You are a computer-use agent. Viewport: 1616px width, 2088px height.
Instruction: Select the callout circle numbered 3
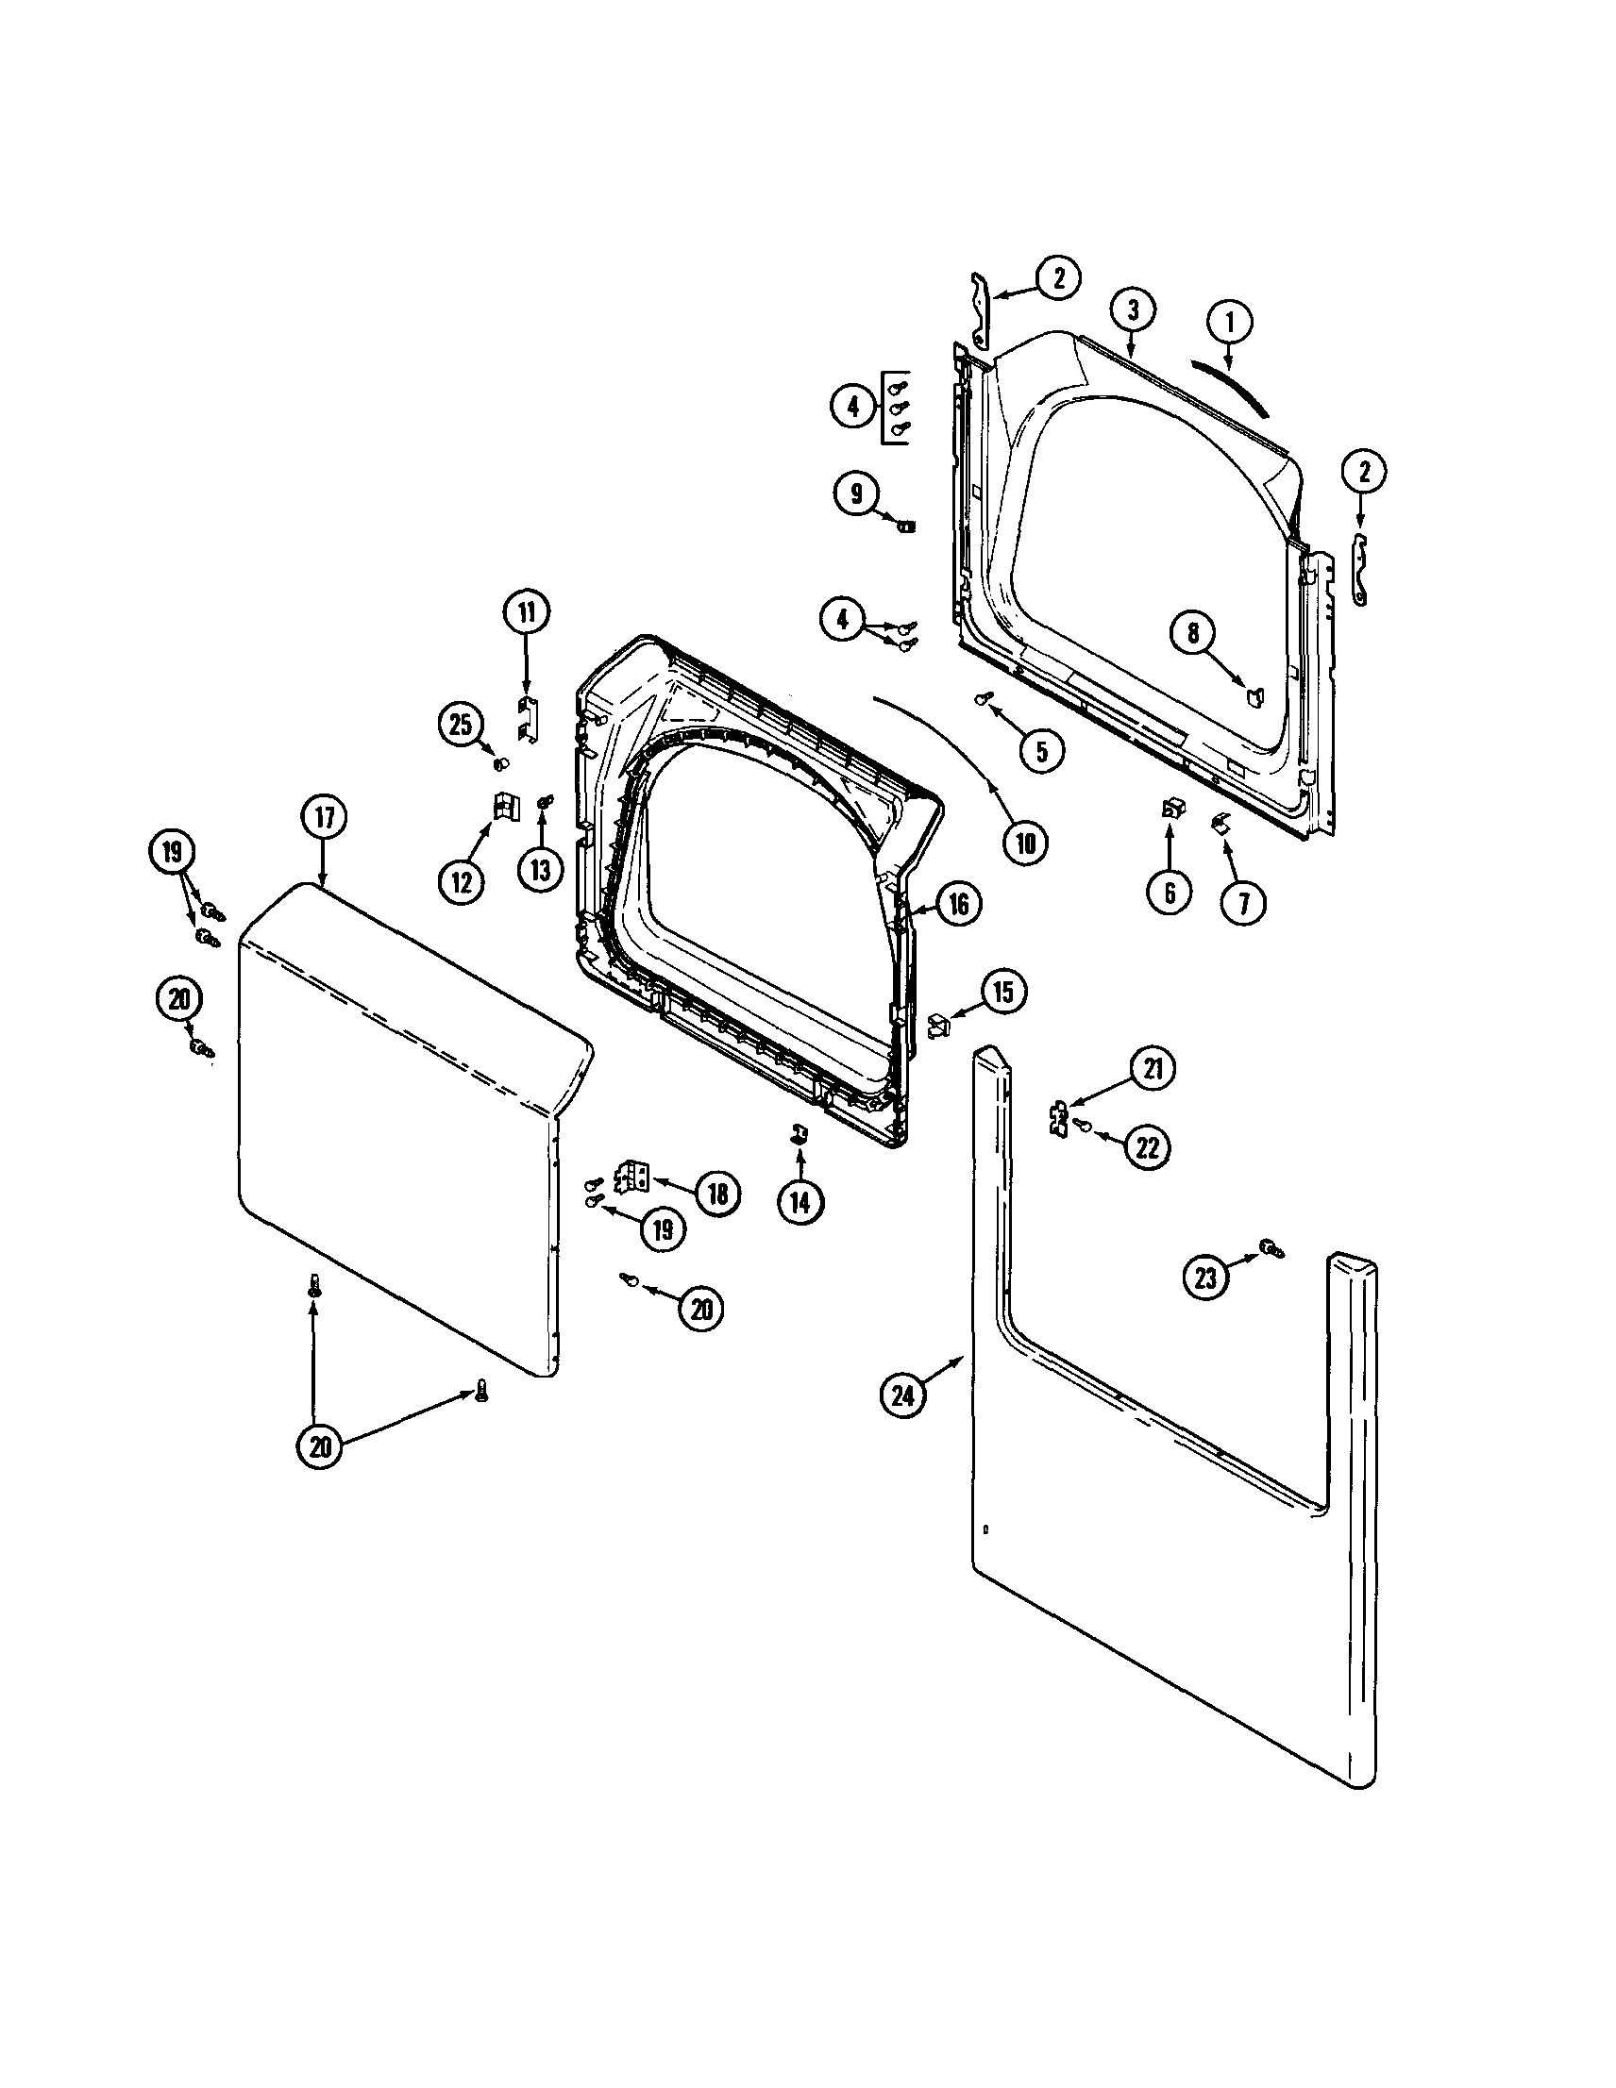(1132, 309)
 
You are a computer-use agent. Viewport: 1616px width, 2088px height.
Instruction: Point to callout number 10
(1025, 843)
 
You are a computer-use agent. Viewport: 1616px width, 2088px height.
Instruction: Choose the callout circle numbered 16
(959, 904)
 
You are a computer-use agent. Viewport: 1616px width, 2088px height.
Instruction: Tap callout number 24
(902, 1395)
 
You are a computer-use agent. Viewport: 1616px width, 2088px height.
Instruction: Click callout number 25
(461, 724)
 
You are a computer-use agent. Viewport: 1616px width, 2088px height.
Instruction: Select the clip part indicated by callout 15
(939, 1027)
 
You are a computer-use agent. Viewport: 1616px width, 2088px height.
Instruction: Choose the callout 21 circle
(1153, 1068)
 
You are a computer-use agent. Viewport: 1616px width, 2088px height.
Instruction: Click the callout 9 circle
(855, 493)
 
